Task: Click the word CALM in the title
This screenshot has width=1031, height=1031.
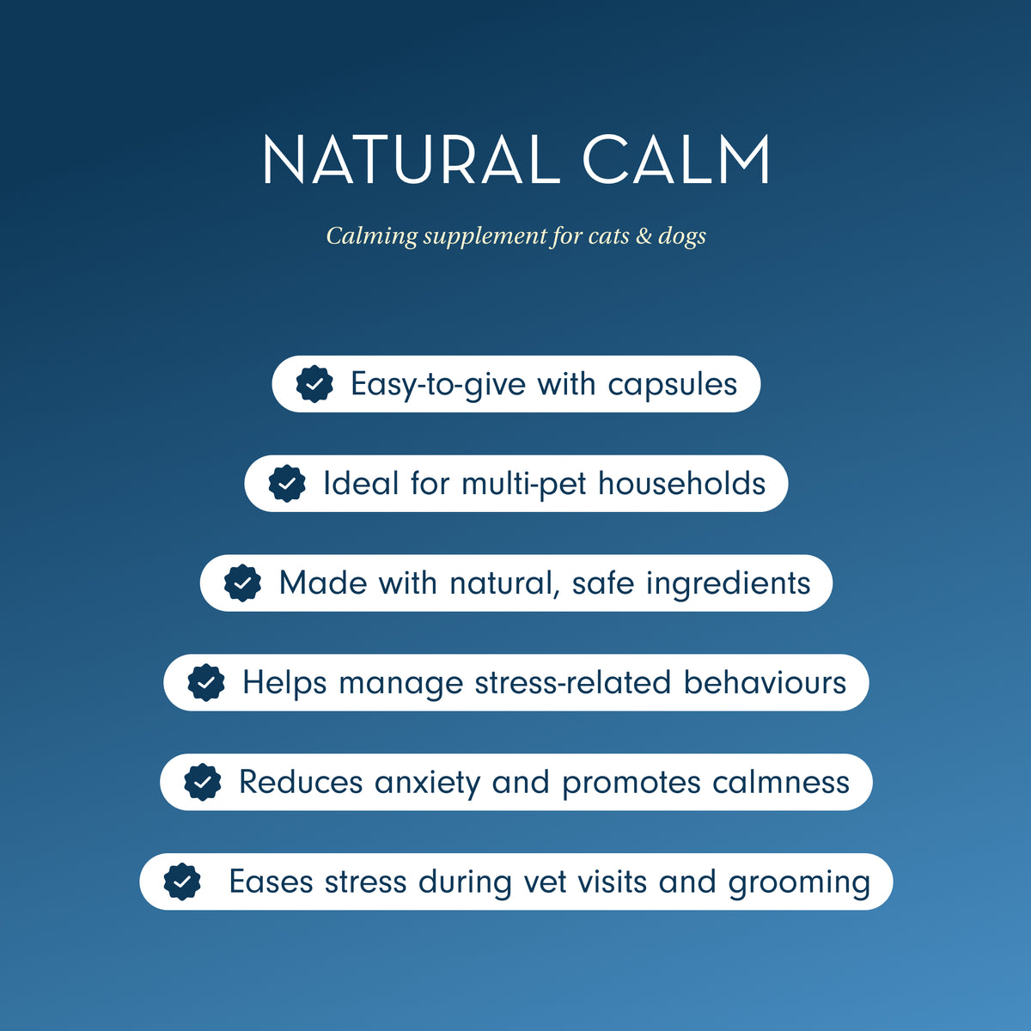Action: pyautogui.click(x=676, y=160)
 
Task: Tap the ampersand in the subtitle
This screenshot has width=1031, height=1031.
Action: pyautogui.click(x=644, y=235)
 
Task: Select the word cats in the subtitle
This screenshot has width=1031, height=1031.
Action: pyautogui.click(x=608, y=235)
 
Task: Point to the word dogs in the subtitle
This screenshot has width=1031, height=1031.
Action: pyautogui.click(x=682, y=236)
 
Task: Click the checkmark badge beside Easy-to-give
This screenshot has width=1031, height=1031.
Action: pyautogui.click(x=314, y=384)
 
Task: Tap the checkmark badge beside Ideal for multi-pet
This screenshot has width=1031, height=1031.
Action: pyautogui.click(x=287, y=484)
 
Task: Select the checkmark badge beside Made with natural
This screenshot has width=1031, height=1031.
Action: pyautogui.click(x=242, y=583)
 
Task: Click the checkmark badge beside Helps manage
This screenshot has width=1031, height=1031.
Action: pyautogui.click(x=206, y=683)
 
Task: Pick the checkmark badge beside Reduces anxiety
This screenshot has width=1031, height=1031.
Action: pyautogui.click(x=203, y=783)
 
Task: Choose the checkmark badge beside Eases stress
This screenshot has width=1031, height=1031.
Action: pyautogui.click(x=182, y=882)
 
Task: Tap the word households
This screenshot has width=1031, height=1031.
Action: pyautogui.click(x=681, y=484)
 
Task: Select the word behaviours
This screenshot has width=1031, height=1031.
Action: pyautogui.click(x=765, y=683)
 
